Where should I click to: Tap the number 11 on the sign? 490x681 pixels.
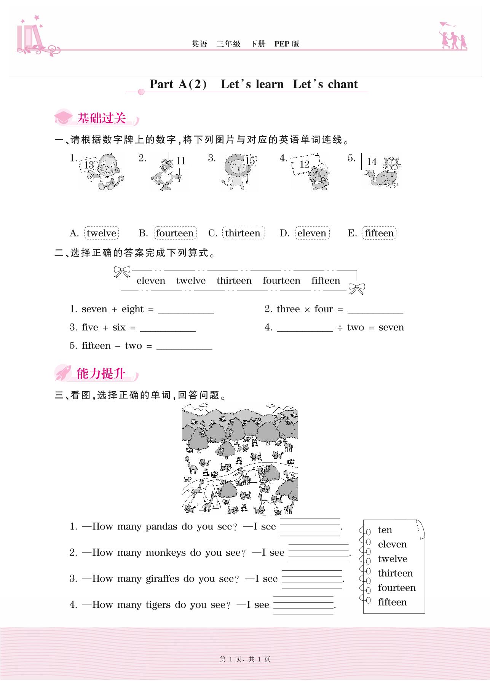180,161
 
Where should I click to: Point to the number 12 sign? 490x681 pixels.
304,164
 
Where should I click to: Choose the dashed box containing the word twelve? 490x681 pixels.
101,233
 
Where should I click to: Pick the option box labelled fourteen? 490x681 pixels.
175,233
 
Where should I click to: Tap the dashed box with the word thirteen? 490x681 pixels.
243,233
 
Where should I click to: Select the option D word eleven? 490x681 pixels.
312,233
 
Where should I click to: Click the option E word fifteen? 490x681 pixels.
379,233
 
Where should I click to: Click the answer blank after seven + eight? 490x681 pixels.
186,309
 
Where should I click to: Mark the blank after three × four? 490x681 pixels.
375,309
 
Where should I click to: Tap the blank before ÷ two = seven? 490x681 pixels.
305,328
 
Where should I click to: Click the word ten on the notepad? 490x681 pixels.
385,530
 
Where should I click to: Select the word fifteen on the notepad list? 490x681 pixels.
392,602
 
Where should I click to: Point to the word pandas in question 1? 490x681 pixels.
161,527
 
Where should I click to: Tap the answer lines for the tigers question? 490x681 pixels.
303,605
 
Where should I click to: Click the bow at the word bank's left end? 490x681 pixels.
122,272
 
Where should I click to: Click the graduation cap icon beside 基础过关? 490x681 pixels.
63,118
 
